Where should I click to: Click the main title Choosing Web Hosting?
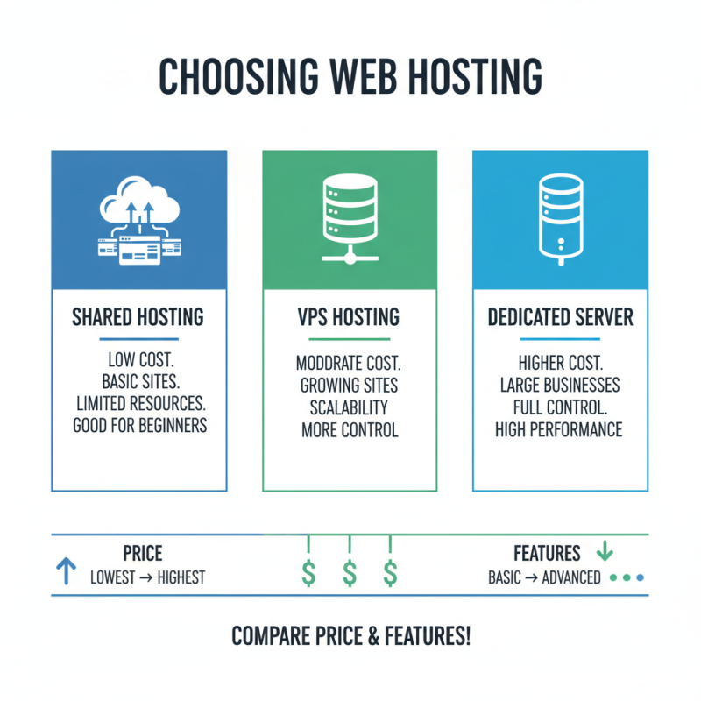[350, 77]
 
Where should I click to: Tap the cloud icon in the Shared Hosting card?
[139, 207]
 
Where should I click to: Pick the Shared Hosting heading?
[138, 317]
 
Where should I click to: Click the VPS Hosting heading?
[350, 317]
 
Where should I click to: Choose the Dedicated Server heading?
[560, 317]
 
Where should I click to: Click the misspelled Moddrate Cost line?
[350, 363]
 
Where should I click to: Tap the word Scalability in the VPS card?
[350, 408]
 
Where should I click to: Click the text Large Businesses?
[560, 386]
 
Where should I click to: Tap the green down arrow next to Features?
[605, 552]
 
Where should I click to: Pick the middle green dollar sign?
[350, 574]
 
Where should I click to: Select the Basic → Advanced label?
[544, 577]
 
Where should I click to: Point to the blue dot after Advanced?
[640, 578]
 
